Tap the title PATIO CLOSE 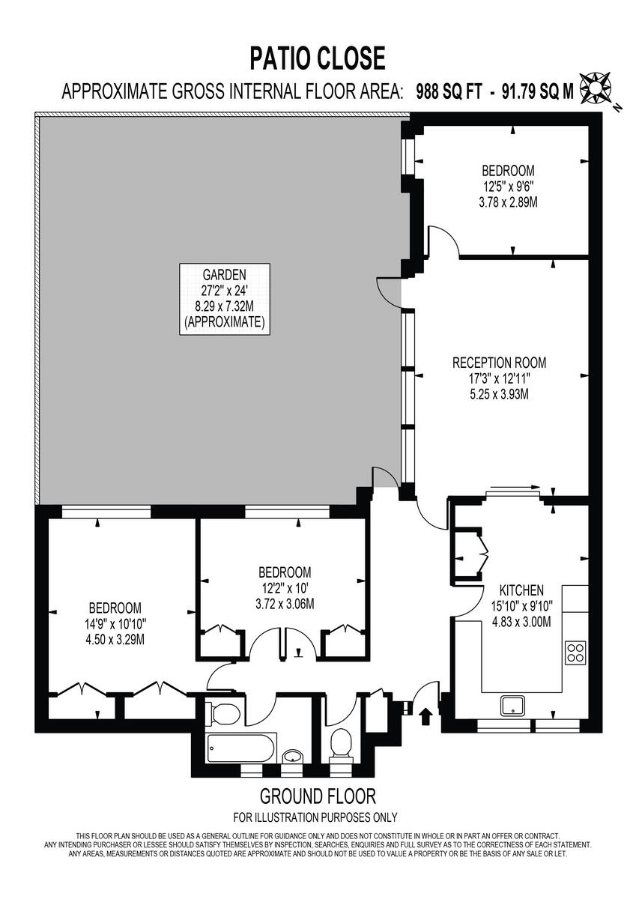click(318, 58)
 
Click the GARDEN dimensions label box click(224, 298)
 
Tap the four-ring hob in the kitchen click(575, 652)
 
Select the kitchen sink click(512, 704)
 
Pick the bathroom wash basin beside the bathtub click(292, 757)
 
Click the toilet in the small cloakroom click(342, 743)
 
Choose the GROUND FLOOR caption click(318, 796)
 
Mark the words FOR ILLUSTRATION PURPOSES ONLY click(315, 817)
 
